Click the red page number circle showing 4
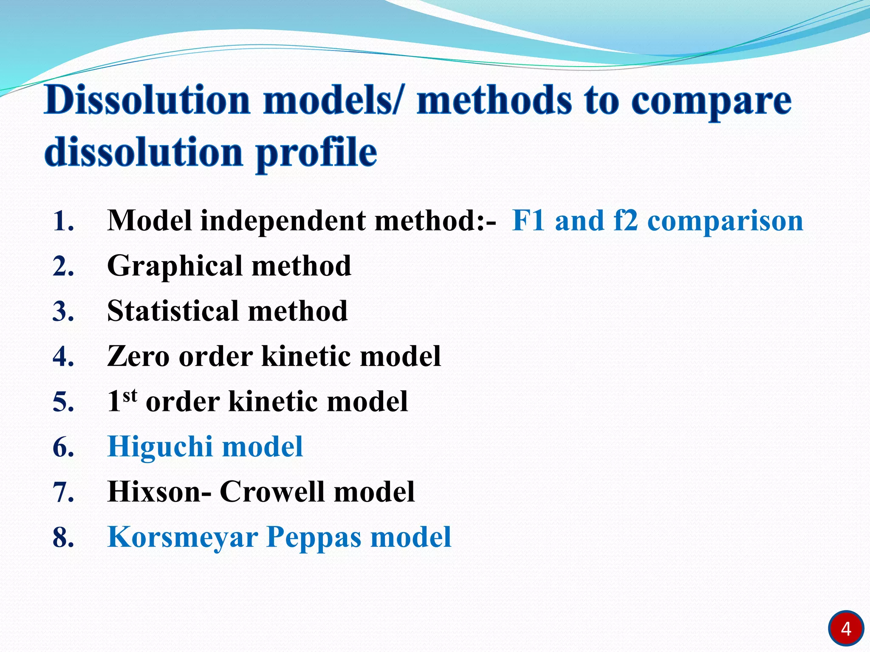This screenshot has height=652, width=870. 845,629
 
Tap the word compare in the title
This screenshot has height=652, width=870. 711,102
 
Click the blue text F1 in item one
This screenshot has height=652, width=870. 528,221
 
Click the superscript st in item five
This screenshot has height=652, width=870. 130,395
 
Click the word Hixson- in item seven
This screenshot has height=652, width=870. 159,492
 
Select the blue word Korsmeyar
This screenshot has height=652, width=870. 183,538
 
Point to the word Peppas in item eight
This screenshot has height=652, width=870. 314,538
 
